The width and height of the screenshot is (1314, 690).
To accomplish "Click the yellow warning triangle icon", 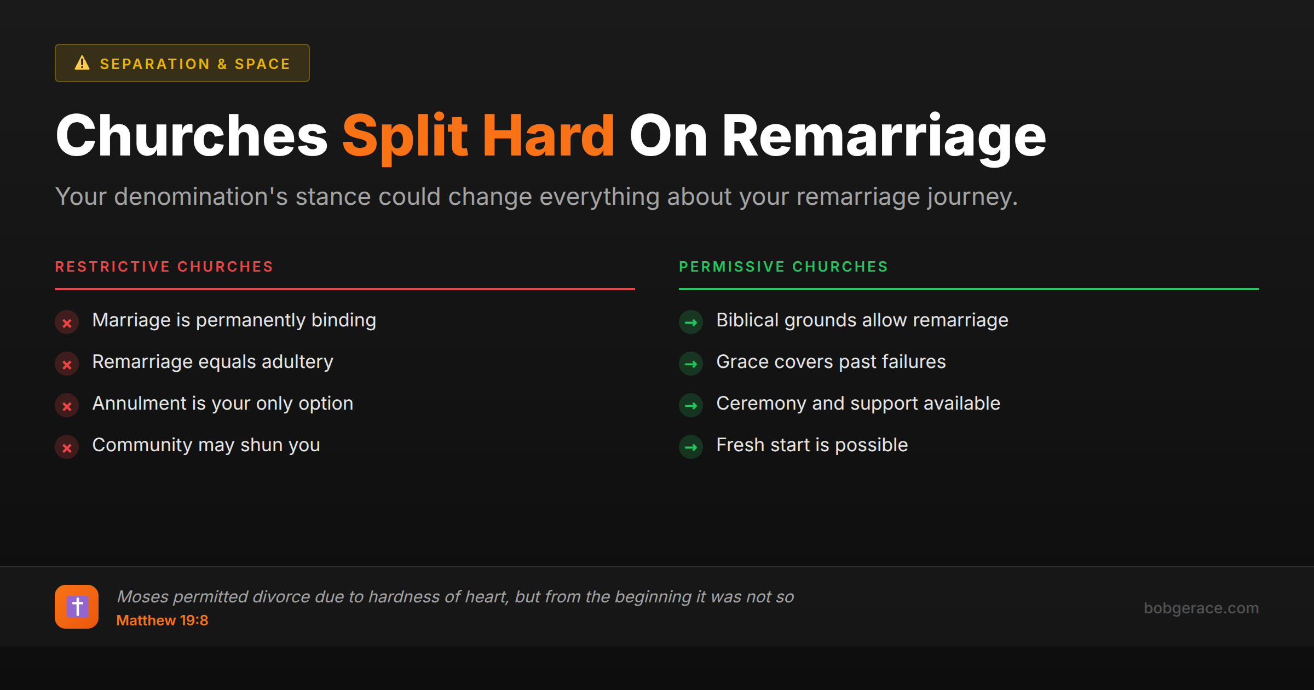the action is click(x=82, y=63).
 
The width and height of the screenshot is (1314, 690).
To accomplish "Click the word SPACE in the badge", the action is click(x=262, y=64).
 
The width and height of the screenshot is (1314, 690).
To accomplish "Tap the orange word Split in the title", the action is click(x=405, y=137).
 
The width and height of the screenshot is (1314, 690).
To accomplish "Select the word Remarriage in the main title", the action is click(x=884, y=137).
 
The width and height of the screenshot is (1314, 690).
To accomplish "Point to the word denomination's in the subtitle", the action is click(x=200, y=197).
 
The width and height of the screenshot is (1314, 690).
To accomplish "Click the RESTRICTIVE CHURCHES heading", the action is click(x=164, y=267).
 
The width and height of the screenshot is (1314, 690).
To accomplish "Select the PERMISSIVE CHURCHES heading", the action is click(x=783, y=267).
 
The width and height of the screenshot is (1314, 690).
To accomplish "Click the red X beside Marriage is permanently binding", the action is click(x=67, y=323).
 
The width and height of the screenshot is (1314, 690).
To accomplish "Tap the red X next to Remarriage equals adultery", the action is click(x=67, y=364).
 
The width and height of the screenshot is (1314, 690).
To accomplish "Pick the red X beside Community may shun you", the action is click(x=67, y=447).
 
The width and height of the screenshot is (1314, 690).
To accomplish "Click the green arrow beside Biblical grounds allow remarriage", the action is click(x=691, y=323).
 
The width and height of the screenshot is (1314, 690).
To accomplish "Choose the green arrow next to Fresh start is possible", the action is click(x=691, y=447).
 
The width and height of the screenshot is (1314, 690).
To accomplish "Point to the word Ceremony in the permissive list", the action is click(x=762, y=404).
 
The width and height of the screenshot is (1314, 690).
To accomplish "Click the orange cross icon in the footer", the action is click(x=77, y=607).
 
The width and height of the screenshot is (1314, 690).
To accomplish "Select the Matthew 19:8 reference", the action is click(x=162, y=620).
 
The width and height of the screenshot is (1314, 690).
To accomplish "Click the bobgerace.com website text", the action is click(x=1201, y=608).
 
